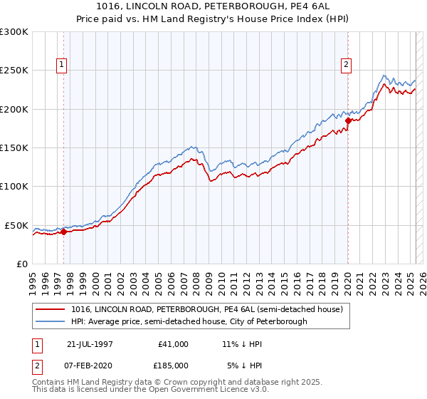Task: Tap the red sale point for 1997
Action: (63, 232)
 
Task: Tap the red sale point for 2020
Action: (348, 121)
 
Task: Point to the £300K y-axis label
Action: (14, 32)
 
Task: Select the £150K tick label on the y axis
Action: (14, 148)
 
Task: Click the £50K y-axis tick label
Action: (16, 225)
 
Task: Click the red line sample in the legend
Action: (51, 310)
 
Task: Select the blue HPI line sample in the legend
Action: (51, 322)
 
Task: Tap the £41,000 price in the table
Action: (172, 344)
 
